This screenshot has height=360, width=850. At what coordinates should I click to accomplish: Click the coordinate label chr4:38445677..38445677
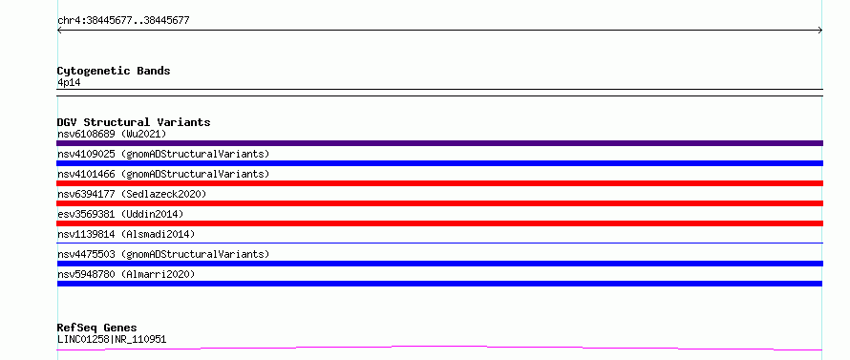(x=123, y=21)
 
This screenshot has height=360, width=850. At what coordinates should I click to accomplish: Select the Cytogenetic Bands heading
(x=114, y=71)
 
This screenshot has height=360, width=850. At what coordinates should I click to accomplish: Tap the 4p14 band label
(x=69, y=83)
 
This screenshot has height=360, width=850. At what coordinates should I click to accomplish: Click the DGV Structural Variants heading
(x=134, y=122)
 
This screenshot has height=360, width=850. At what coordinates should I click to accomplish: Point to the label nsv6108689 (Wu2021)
(x=112, y=134)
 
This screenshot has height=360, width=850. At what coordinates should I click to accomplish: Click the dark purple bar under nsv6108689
(x=439, y=143)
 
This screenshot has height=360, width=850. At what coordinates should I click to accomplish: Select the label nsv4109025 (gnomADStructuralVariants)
(x=163, y=154)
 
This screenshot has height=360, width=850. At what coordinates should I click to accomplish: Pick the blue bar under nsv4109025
(x=439, y=163)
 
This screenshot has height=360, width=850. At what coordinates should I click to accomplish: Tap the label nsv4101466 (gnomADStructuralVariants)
(x=163, y=174)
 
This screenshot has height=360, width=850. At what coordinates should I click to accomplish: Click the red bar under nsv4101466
(x=439, y=183)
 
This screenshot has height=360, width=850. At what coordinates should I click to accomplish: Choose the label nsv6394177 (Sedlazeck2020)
(x=132, y=194)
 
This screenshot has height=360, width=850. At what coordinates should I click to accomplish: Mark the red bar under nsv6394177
(x=439, y=203)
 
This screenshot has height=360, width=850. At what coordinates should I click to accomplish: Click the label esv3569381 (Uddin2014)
(x=120, y=214)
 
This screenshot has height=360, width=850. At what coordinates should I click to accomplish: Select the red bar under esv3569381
(x=439, y=223)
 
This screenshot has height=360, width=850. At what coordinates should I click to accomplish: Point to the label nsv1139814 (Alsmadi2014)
(x=126, y=234)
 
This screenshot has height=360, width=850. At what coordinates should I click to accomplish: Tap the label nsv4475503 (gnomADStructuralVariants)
(x=163, y=254)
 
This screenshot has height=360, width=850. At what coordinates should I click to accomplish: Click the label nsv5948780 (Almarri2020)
(x=126, y=274)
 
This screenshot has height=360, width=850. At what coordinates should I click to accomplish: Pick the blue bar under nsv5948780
(x=439, y=284)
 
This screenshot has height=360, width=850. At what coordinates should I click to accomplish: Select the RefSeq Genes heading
(x=96, y=328)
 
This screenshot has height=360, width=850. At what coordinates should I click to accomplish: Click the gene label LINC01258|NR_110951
(x=112, y=339)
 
